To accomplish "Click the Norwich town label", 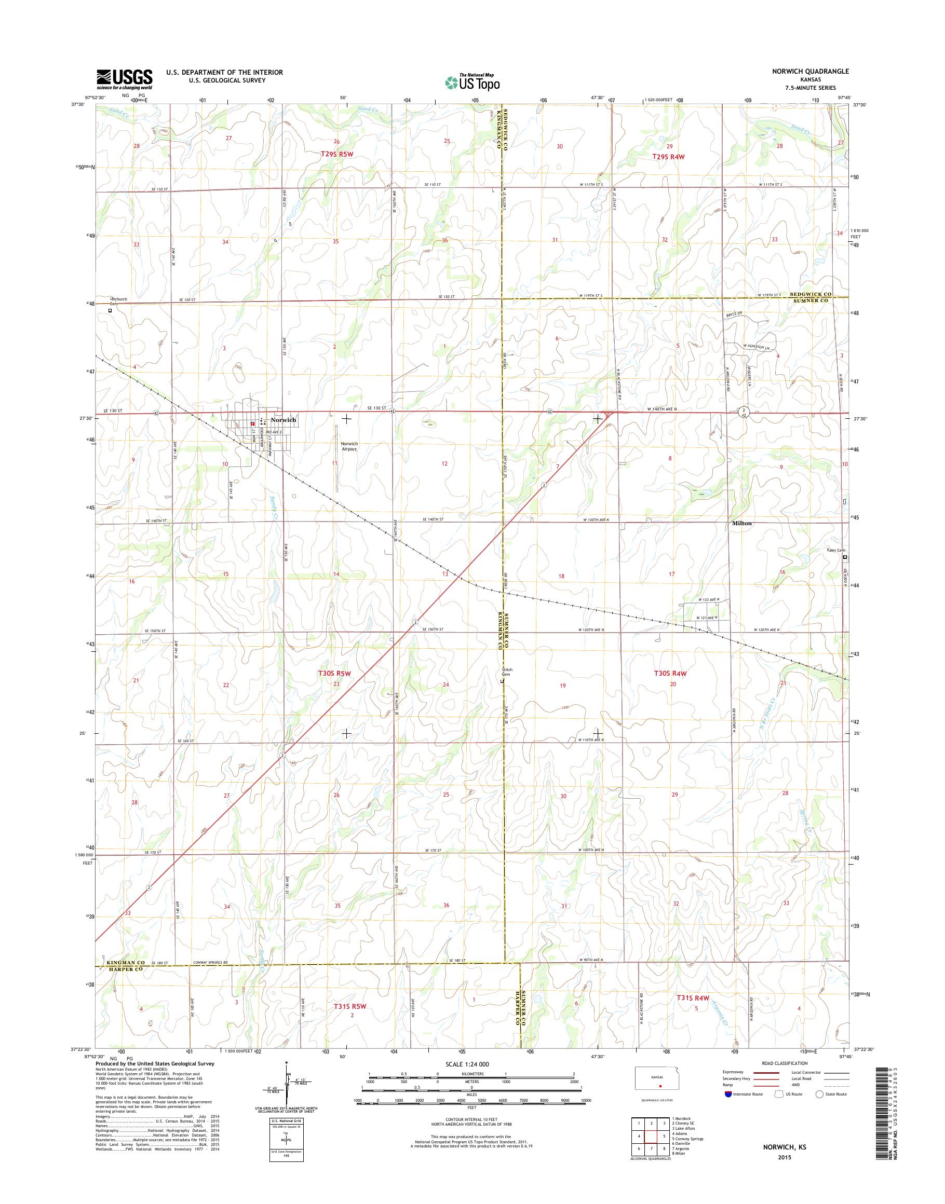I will click(283, 420).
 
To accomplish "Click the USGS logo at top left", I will click(125, 79).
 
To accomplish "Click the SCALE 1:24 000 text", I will click(467, 1064).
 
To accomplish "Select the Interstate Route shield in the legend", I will click(727, 1094).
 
